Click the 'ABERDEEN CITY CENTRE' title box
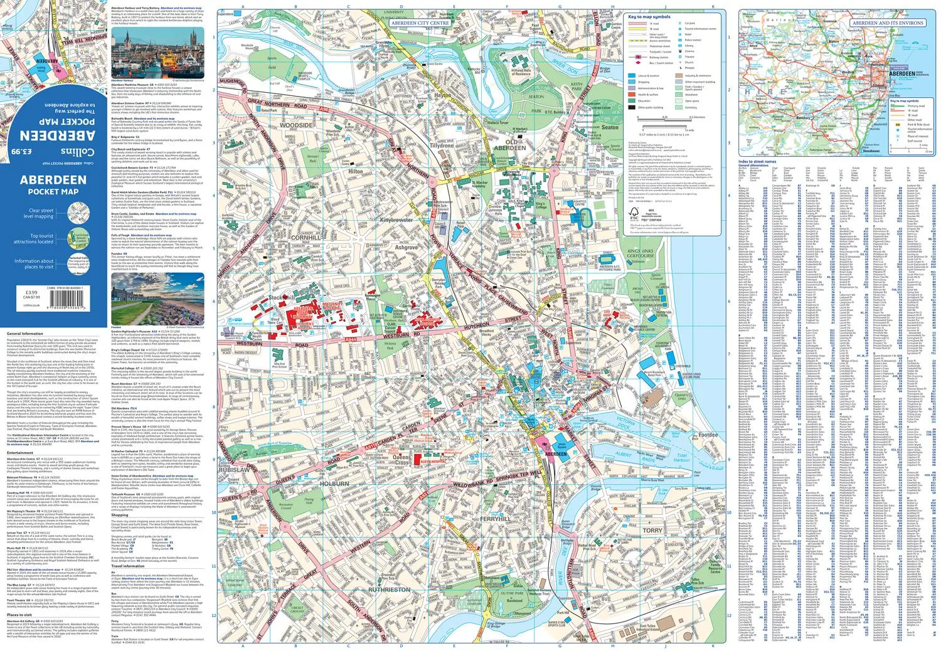(x=420, y=23)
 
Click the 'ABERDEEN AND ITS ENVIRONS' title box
(x=887, y=23)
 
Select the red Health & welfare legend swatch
(x=632, y=95)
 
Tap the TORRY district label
(x=652, y=530)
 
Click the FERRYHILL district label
(x=495, y=519)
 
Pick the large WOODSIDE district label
(x=295, y=125)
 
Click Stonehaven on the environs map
(x=871, y=151)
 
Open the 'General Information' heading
(x=25, y=334)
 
